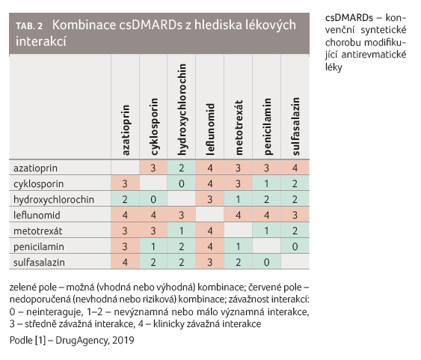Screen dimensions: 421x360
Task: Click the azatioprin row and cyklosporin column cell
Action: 153,168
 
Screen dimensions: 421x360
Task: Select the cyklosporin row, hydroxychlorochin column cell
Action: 182,183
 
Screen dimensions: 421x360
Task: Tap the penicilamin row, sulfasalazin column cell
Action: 295,246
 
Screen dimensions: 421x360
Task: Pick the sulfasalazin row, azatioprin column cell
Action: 125,262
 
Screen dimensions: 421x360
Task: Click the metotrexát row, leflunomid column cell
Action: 210,231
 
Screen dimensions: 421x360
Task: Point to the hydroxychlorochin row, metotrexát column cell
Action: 238,199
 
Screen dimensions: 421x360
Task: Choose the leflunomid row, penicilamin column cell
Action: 267,215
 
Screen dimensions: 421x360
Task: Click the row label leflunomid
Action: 37,216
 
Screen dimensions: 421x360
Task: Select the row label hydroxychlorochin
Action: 54,200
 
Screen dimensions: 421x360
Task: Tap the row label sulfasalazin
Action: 39,262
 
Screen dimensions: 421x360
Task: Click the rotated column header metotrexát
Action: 239,127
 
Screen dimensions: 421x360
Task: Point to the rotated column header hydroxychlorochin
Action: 182,109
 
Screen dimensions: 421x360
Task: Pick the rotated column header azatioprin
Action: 125,130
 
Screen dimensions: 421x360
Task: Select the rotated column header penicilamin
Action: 267,126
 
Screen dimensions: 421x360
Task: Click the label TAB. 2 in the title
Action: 29,26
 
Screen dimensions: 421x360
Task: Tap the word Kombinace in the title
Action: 84,25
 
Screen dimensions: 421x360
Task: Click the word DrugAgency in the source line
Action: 82,341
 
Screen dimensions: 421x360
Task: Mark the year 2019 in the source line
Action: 123,341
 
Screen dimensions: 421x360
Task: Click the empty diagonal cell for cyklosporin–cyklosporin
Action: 153,183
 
